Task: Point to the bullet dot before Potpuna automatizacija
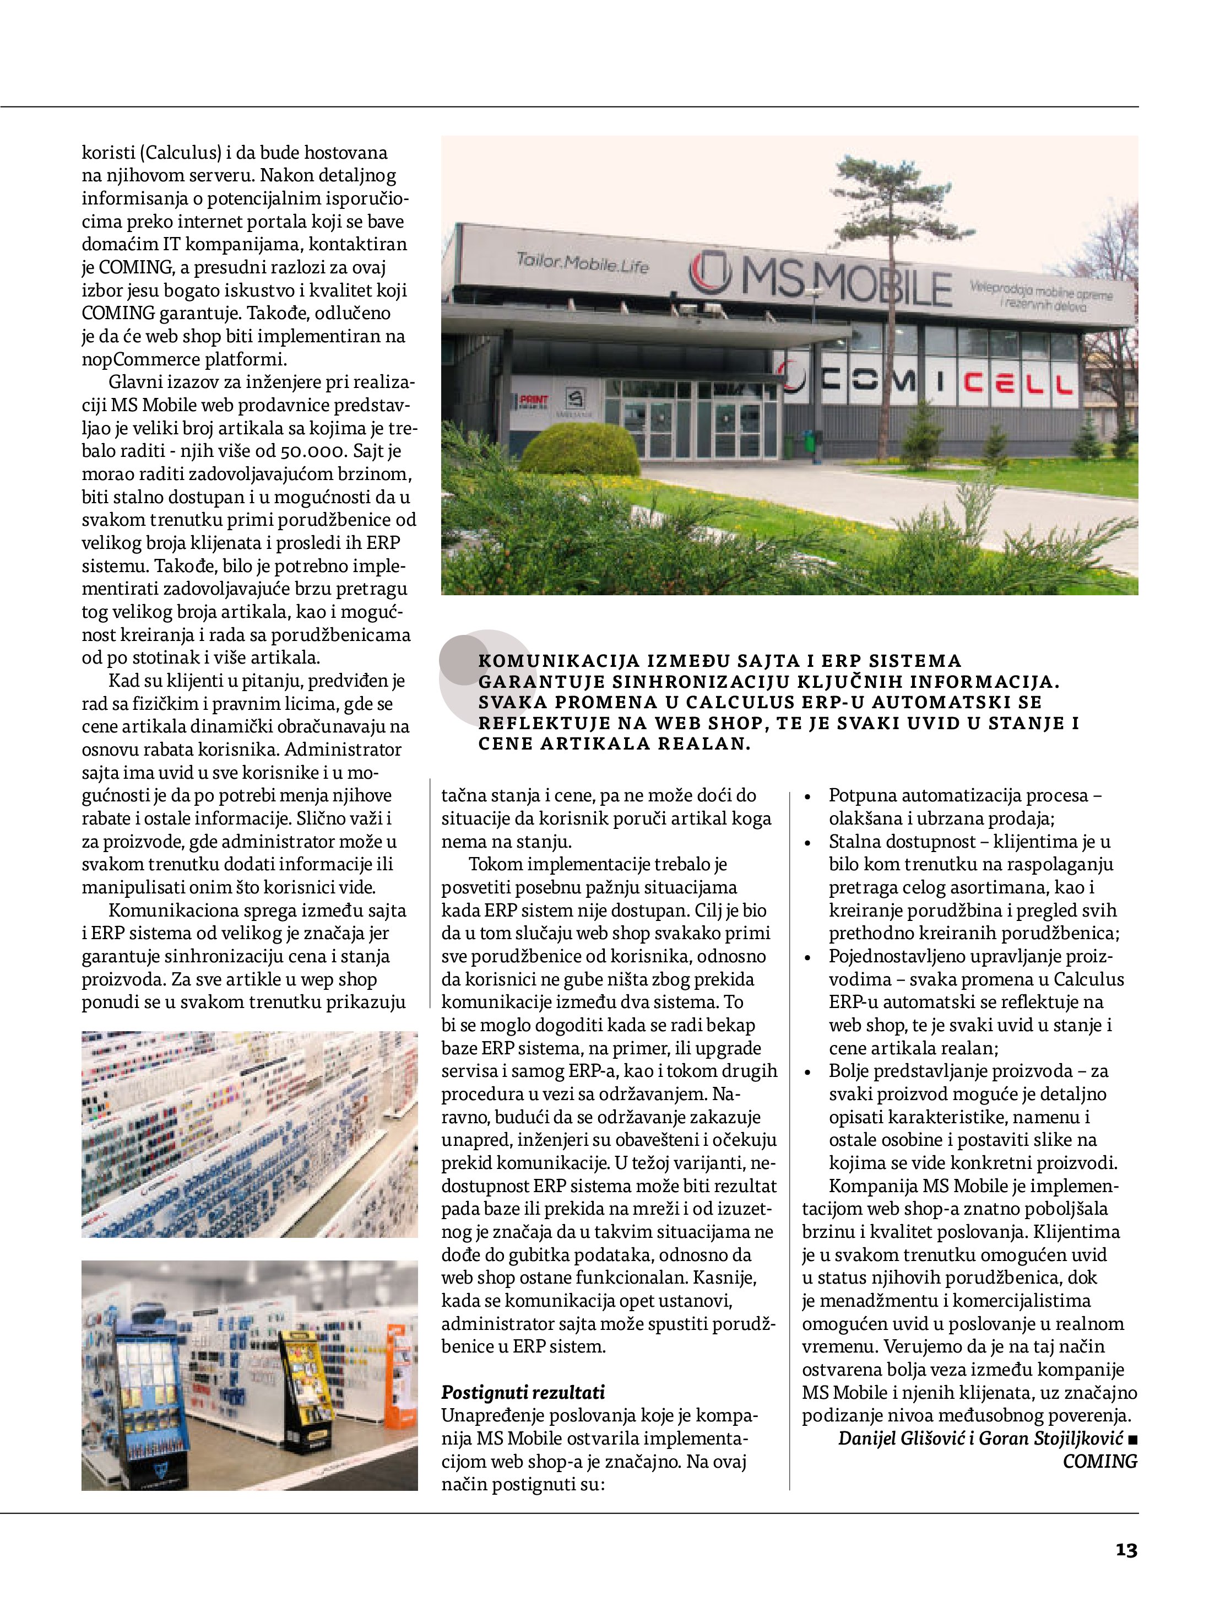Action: pos(807,797)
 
